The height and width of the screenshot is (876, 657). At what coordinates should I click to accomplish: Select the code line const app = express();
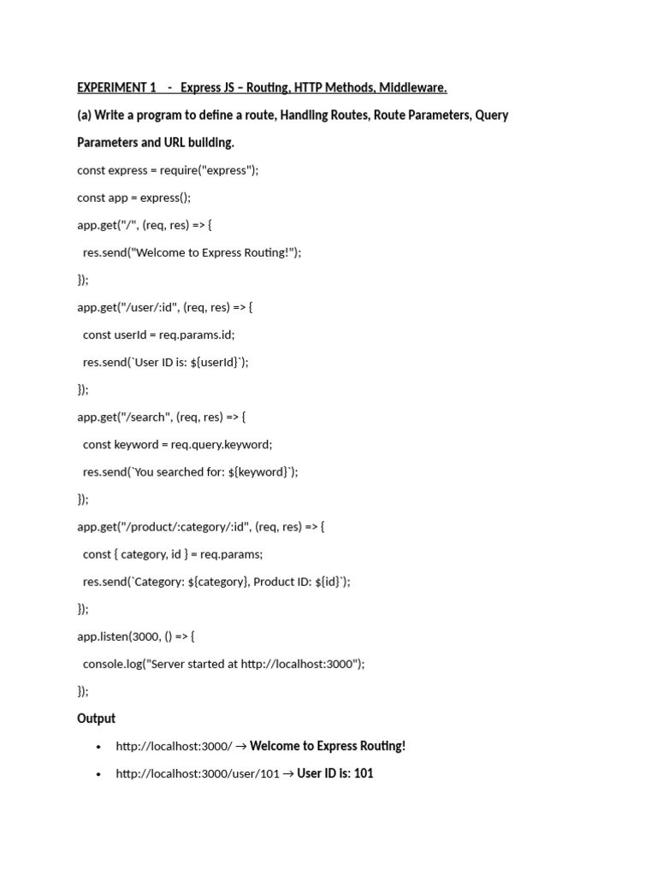(134, 197)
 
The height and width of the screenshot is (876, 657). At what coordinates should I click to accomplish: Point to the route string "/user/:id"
(151, 306)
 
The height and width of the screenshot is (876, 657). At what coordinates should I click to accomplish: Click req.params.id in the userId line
(197, 334)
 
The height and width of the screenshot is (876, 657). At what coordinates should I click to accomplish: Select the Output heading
(96, 719)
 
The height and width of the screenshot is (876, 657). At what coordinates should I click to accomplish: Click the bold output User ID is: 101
(335, 773)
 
